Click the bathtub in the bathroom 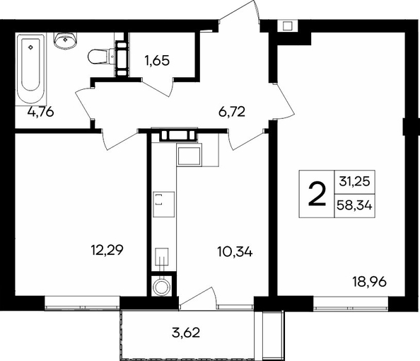(x=30, y=69)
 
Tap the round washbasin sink (x=65, y=41)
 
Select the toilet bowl (x=101, y=56)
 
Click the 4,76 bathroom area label (x=41, y=112)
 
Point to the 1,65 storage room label (x=157, y=61)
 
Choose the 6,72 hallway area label (x=232, y=112)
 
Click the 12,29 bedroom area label (x=107, y=251)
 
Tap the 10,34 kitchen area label (x=235, y=252)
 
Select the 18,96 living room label (x=370, y=282)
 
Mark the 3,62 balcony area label (x=186, y=333)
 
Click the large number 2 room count (x=317, y=194)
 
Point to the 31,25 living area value (x=354, y=182)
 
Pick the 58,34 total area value (x=354, y=206)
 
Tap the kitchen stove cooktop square (x=163, y=205)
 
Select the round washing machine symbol (x=162, y=287)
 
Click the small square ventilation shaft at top (x=287, y=26)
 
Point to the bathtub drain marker (x=31, y=47)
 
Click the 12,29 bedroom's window (x=82, y=304)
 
